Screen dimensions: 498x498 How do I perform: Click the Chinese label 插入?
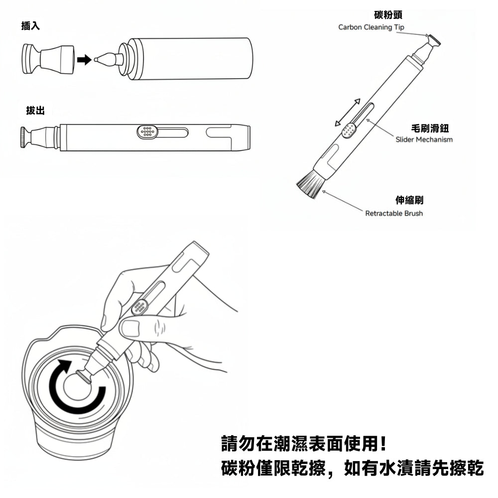pos(30,26)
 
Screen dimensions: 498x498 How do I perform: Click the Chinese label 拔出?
pos(35,111)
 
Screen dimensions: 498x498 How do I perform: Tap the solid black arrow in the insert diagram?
pos(84,59)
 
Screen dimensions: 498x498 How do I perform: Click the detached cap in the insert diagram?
pos(48,59)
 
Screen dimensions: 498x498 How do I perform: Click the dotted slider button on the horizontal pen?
pos(147,131)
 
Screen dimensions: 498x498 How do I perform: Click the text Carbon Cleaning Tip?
pos(371,27)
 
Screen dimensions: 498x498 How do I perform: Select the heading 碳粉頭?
pos(388,14)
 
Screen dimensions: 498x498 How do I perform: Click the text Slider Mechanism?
pos(424,139)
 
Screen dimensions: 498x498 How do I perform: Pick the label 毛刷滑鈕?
pos(430,128)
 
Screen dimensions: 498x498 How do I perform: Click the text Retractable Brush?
pos(394,214)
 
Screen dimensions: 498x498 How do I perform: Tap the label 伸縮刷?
pos(409,200)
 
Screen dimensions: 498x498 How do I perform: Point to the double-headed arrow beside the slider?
pos(348,112)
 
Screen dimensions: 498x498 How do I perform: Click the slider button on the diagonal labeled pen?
pos(349,130)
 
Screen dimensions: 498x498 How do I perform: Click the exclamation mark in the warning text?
pos(383,444)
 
